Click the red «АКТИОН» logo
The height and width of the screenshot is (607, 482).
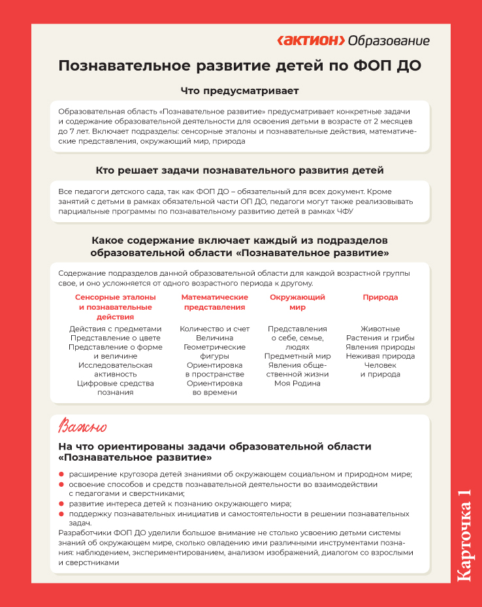(311, 41)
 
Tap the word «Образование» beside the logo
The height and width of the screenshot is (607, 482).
(389, 41)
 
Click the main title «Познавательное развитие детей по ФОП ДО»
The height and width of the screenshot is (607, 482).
(240, 66)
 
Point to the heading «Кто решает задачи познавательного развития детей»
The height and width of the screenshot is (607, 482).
(240, 171)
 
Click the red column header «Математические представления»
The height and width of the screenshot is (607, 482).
(214, 302)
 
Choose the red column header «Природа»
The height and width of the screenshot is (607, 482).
(380, 297)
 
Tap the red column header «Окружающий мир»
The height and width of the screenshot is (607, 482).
(297, 302)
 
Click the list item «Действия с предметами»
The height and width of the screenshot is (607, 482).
(115, 329)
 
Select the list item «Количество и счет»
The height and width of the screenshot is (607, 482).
(214, 329)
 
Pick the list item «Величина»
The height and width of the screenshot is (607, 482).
(214, 338)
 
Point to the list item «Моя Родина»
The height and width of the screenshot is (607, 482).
(297, 384)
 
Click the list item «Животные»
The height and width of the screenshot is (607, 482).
(380, 329)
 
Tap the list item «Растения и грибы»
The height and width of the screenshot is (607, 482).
(380, 338)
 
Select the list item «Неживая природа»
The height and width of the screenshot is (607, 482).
(380, 356)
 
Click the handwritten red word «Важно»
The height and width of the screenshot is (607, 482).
(82, 427)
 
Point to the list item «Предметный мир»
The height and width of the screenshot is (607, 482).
(297, 356)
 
